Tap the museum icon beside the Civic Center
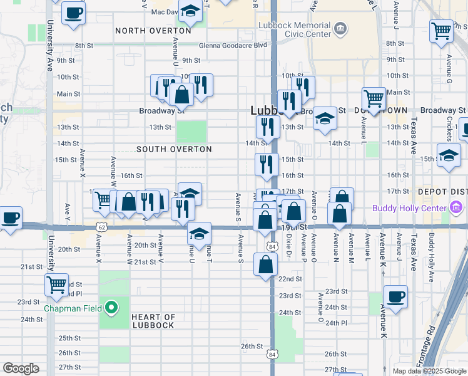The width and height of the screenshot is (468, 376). coord(340,28)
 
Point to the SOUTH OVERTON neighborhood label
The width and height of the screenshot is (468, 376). coord(174,150)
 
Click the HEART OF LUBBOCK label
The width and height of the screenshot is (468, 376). coord(154,321)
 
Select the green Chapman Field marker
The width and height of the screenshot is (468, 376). coord(111,308)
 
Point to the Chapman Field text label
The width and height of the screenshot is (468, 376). coord(70,308)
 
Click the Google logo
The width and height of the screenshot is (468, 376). coord(21,368)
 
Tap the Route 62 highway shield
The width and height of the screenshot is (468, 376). coord(101,227)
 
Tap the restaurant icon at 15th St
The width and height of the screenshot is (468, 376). coord(267,164)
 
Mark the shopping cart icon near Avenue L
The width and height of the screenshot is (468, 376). coord(374,98)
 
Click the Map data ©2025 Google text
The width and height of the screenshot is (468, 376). coord(429,371)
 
